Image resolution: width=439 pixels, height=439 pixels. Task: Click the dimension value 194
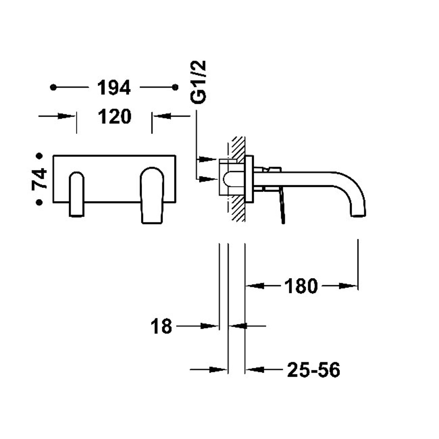click(114, 88)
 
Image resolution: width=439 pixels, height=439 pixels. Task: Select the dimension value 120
click(114, 116)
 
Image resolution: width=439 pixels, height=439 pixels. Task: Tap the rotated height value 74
click(39, 179)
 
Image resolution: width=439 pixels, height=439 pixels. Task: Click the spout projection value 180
click(301, 286)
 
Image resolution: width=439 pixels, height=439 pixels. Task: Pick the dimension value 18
click(161, 326)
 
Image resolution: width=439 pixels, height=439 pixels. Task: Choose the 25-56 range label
click(313, 370)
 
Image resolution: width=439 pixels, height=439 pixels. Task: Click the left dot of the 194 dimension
click(53, 87)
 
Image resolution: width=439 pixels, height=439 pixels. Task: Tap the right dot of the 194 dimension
click(175, 87)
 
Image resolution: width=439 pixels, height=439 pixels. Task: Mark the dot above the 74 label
click(39, 156)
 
